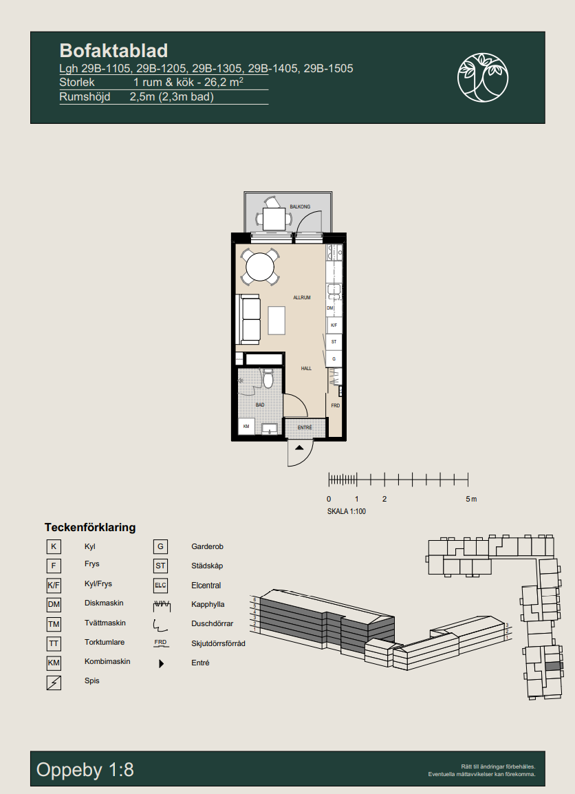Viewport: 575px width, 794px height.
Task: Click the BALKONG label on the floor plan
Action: [300, 206]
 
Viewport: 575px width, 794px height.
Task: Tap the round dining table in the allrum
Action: [260, 267]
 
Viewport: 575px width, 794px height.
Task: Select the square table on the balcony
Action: [274, 219]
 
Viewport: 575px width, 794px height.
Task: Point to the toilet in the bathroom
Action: [268, 378]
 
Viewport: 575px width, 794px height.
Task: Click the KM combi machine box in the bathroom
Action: [246, 427]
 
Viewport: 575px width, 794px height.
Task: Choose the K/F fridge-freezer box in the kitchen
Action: [334, 325]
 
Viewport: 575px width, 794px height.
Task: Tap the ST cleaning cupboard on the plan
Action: [334, 342]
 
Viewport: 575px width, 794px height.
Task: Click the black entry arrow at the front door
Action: [300, 448]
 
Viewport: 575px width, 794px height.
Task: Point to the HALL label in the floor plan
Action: [306, 369]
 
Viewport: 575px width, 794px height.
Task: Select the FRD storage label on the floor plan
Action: [336, 406]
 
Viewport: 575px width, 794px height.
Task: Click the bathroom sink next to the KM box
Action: [270, 429]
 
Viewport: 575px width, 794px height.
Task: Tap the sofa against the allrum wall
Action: [250, 319]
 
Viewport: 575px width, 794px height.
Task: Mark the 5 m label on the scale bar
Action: [471, 500]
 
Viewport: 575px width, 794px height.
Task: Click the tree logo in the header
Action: [483, 77]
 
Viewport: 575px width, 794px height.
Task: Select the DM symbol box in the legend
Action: [54, 605]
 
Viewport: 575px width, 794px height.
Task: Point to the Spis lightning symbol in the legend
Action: [54, 683]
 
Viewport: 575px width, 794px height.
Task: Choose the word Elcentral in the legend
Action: [206, 586]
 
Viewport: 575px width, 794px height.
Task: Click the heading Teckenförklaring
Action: [90, 527]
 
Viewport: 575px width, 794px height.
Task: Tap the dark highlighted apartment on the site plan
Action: [553, 667]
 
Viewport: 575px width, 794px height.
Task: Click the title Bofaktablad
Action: [113, 51]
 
